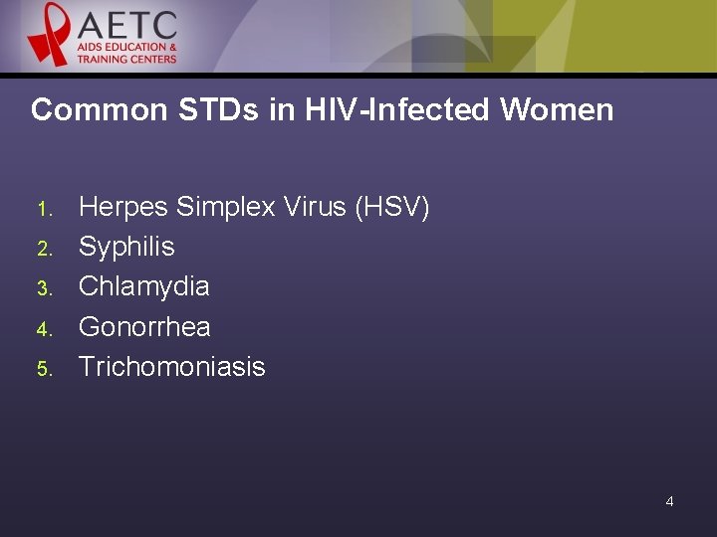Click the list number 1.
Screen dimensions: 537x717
(43, 209)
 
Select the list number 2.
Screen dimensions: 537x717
(43, 249)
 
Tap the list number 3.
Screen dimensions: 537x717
(43, 288)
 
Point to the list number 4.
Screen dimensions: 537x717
(43, 328)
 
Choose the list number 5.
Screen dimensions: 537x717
(43, 368)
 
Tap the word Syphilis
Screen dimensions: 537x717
(126, 247)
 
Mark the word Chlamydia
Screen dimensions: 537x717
(143, 286)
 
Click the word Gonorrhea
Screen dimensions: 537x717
(144, 326)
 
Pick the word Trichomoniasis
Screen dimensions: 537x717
(171, 366)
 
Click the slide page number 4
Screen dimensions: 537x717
(669, 501)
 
